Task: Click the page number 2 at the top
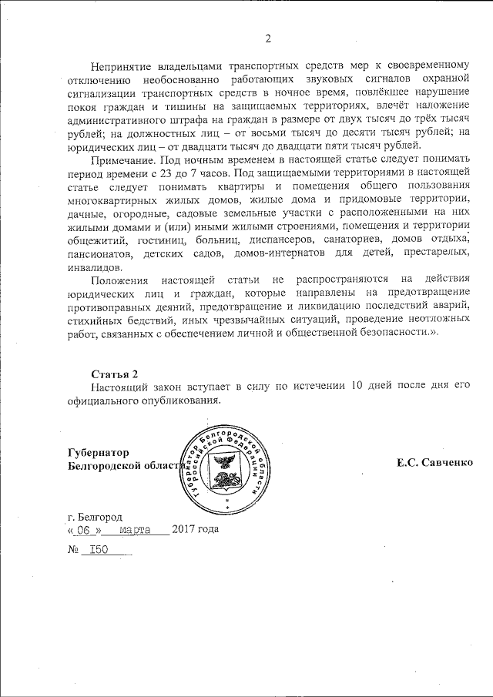(x=268, y=39)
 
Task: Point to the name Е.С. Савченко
(x=434, y=464)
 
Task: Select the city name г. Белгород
(x=94, y=517)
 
